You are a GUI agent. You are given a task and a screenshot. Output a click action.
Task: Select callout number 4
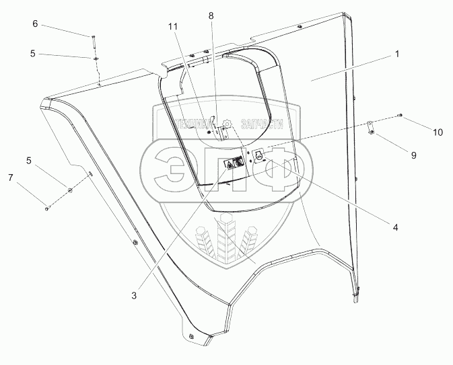pyautogui.click(x=395, y=227)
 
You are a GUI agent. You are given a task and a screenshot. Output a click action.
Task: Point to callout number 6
pyautogui.click(x=35, y=24)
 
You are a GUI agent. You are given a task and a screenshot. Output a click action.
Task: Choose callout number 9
pyautogui.click(x=413, y=155)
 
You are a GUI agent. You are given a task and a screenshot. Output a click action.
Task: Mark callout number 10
pyautogui.click(x=437, y=132)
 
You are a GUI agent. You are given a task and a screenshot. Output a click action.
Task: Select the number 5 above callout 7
pyautogui.click(x=28, y=161)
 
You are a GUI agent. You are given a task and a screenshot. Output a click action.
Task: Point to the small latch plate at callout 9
pyautogui.click(x=371, y=128)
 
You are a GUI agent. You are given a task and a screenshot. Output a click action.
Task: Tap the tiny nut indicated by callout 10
pyautogui.click(x=401, y=116)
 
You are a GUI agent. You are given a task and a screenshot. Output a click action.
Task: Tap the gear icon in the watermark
pyautogui.click(x=228, y=124)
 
